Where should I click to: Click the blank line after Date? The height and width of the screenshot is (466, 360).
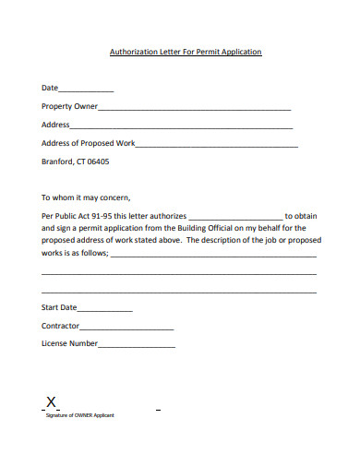pyautogui.click(x=86, y=90)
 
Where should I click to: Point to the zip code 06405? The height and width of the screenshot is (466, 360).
pyautogui.click(x=97, y=161)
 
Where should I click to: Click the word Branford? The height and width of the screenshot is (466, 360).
pyautogui.click(x=57, y=161)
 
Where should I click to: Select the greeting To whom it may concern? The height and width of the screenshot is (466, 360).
pyautogui.click(x=87, y=197)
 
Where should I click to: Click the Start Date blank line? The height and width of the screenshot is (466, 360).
pyautogui.click(x=105, y=309)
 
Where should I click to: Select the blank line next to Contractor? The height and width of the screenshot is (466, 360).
pyautogui.click(x=126, y=328)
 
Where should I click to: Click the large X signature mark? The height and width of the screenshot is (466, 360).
pyautogui.click(x=53, y=402)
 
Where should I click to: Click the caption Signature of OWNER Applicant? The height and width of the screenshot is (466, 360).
pyautogui.click(x=80, y=415)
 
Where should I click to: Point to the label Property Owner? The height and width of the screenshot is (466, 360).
pyautogui.click(x=69, y=107)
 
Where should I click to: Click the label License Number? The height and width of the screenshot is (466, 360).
pyautogui.click(x=69, y=343)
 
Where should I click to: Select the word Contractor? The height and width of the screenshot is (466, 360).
pyautogui.click(x=60, y=326)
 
